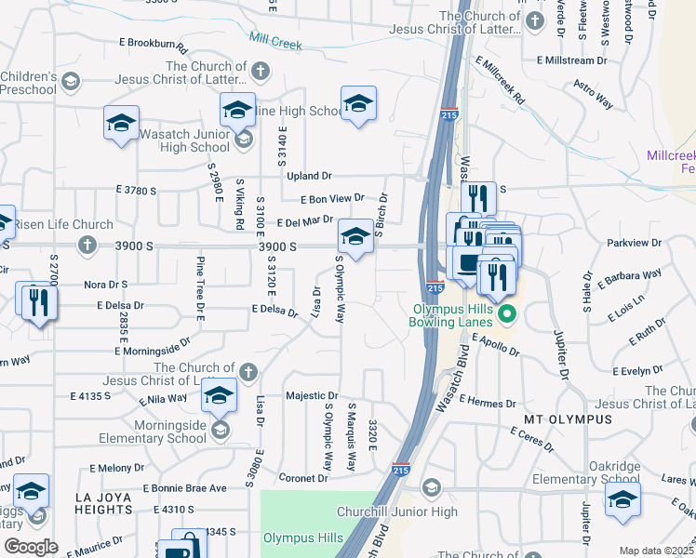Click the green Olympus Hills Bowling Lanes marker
(507, 314)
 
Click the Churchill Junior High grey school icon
(431, 487)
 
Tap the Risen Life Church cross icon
(87, 246)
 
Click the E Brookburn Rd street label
(153, 44)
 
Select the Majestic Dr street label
(312, 395)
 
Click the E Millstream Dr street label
(578, 60)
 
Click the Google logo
(30, 547)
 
